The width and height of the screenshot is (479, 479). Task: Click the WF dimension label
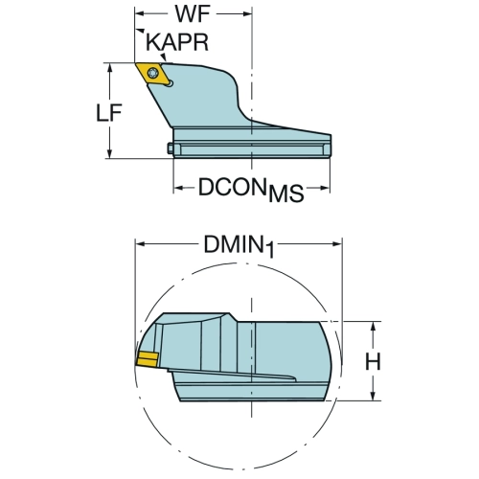(x=193, y=14)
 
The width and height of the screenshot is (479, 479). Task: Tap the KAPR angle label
(x=177, y=42)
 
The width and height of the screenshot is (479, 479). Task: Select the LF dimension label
(x=109, y=113)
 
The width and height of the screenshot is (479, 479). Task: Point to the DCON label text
(x=233, y=187)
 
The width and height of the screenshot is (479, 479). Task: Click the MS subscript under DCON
(x=285, y=194)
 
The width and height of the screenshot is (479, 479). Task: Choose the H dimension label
(x=373, y=361)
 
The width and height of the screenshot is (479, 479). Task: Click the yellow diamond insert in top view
(x=152, y=74)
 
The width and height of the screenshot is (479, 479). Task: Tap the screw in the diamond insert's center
(x=153, y=73)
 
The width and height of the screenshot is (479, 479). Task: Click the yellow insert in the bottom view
(x=148, y=359)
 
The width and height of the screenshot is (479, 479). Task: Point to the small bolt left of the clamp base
(x=171, y=148)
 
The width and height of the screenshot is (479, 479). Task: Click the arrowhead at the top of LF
(x=110, y=66)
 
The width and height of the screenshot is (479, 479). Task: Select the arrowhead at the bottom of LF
(x=110, y=154)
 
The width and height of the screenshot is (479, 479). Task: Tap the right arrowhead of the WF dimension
(x=248, y=13)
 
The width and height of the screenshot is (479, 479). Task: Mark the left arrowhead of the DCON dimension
(x=178, y=188)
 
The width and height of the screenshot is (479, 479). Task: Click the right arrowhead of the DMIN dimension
(x=337, y=244)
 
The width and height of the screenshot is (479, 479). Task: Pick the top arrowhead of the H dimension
(x=373, y=326)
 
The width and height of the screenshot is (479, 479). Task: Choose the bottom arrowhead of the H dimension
(x=373, y=397)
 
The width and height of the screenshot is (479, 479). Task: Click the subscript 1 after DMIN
(x=270, y=250)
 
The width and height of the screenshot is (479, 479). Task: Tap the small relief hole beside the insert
(x=171, y=83)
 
